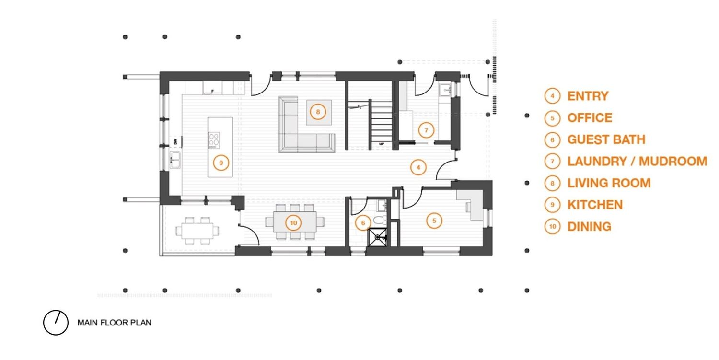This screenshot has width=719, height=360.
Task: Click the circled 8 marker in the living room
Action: (318, 112)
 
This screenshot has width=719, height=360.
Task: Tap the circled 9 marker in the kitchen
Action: (221, 163)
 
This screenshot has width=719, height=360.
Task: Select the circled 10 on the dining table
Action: (293, 223)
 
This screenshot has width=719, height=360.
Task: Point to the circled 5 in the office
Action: (434, 221)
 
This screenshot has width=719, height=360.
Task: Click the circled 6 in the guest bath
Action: (363, 223)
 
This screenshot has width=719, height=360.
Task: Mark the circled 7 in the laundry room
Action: (426, 130)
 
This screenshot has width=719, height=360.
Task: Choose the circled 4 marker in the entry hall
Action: (418, 167)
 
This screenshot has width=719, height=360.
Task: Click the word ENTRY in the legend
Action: (588, 96)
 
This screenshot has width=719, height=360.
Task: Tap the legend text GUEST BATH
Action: (606, 139)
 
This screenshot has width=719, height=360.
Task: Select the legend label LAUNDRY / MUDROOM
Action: (637, 161)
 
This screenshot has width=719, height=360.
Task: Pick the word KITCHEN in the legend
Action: (595, 205)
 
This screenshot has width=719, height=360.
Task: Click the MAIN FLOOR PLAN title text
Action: (114, 323)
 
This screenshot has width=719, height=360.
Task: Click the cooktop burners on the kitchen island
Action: (214, 140)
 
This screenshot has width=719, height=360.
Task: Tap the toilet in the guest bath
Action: (380, 221)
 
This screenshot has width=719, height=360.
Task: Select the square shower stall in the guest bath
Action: (377, 237)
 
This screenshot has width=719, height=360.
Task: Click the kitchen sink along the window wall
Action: (175, 160)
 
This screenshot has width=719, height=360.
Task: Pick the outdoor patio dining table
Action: (197, 231)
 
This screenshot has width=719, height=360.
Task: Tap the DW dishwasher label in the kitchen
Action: (175, 141)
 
